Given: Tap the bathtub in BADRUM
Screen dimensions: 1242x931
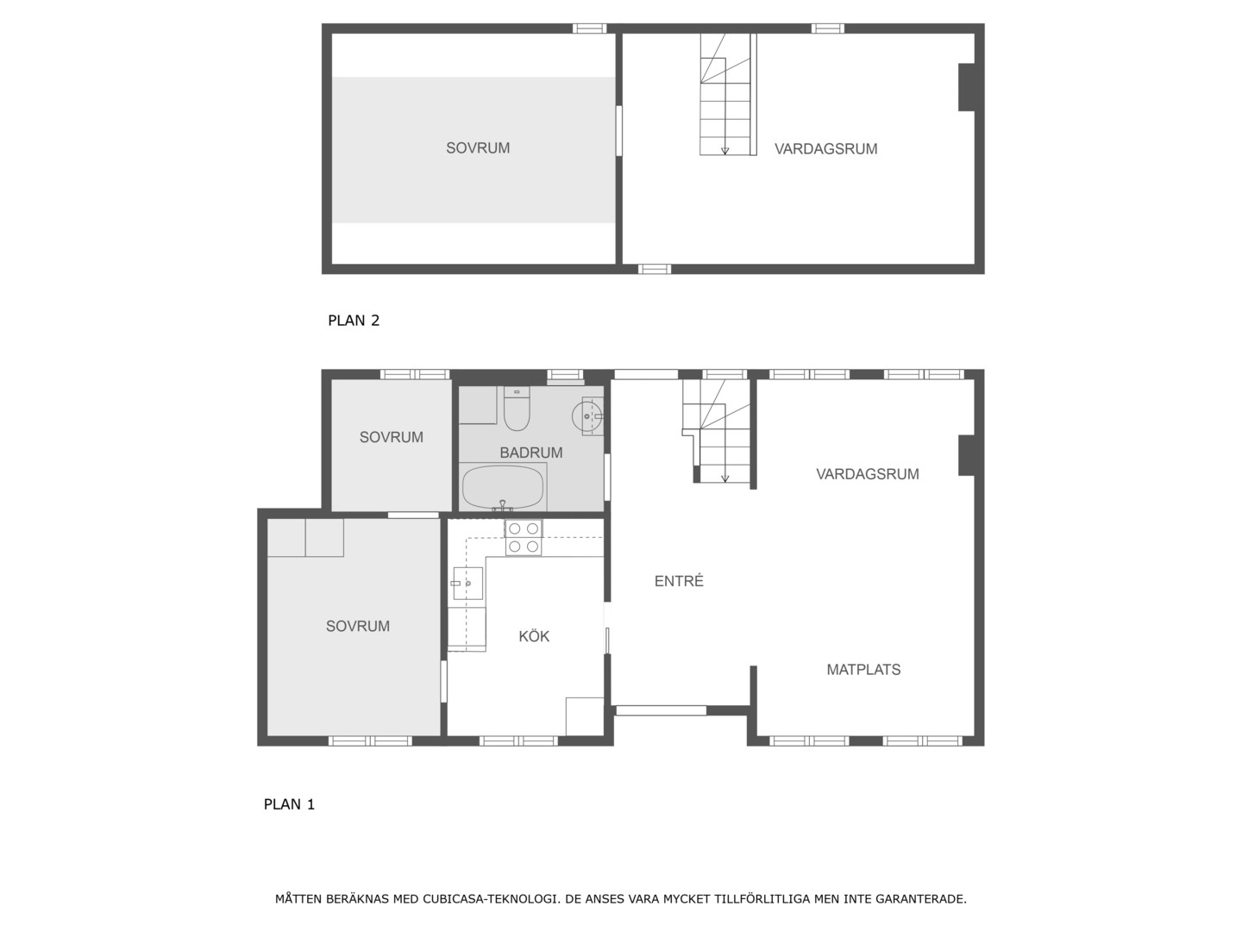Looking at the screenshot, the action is click(x=503, y=487).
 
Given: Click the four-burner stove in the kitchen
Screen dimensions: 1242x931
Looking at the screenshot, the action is click(x=524, y=538).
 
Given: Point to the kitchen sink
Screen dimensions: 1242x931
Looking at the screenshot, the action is click(x=467, y=583).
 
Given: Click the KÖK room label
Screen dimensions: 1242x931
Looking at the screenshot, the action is click(x=534, y=636).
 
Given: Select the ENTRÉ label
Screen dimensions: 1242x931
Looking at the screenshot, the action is click(x=679, y=580).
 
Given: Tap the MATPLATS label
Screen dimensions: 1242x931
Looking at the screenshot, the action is click(x=862, y=669).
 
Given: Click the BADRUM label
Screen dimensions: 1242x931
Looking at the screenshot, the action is click(x=530, y=453).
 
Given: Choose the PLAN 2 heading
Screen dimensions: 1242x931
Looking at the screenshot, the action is click(x=354, y=321).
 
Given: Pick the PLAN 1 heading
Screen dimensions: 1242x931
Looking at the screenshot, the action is click(x=289, y=803).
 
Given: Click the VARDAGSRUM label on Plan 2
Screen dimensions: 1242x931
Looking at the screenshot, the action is click(x=825, y=148).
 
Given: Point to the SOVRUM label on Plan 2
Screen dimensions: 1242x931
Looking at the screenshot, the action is click(x=478, y=148).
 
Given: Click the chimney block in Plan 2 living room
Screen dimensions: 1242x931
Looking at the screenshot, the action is click(x=967, y=87).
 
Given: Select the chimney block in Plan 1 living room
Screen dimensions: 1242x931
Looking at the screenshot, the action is click(x=967, y=455).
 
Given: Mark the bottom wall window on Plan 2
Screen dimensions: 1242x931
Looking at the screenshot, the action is click(x=655, y=269).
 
